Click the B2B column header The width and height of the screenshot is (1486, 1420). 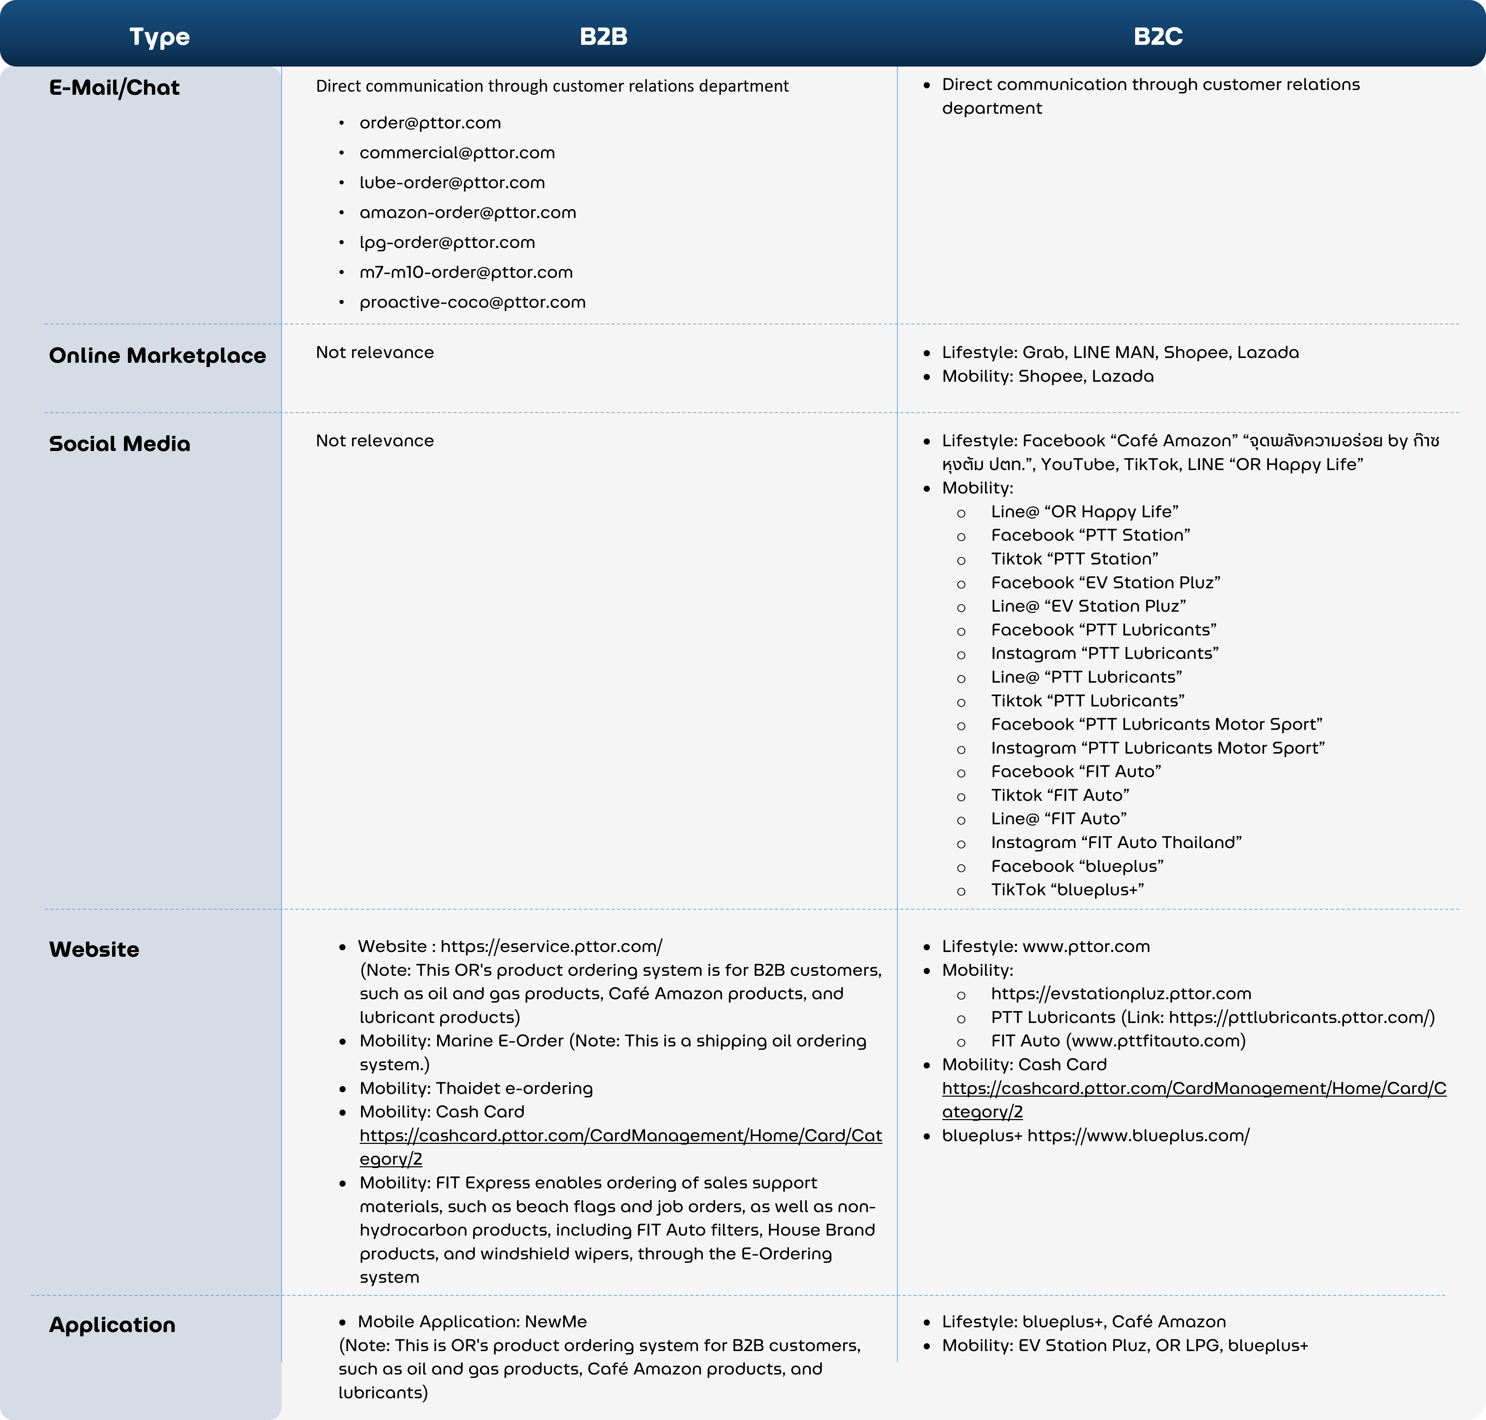pos(603,36)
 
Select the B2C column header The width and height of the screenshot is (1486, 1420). pos(1158,36)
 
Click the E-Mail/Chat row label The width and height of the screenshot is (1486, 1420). pos(114,88)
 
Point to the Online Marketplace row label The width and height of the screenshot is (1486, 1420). pos(158,356)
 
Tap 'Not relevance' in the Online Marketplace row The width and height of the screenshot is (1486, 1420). pos(375,353)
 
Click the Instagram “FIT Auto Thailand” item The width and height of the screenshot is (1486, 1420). pos(1116,843)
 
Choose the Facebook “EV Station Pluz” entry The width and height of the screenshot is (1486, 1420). pos(1105,583)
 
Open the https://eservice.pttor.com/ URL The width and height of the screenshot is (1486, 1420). pos(551,946)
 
